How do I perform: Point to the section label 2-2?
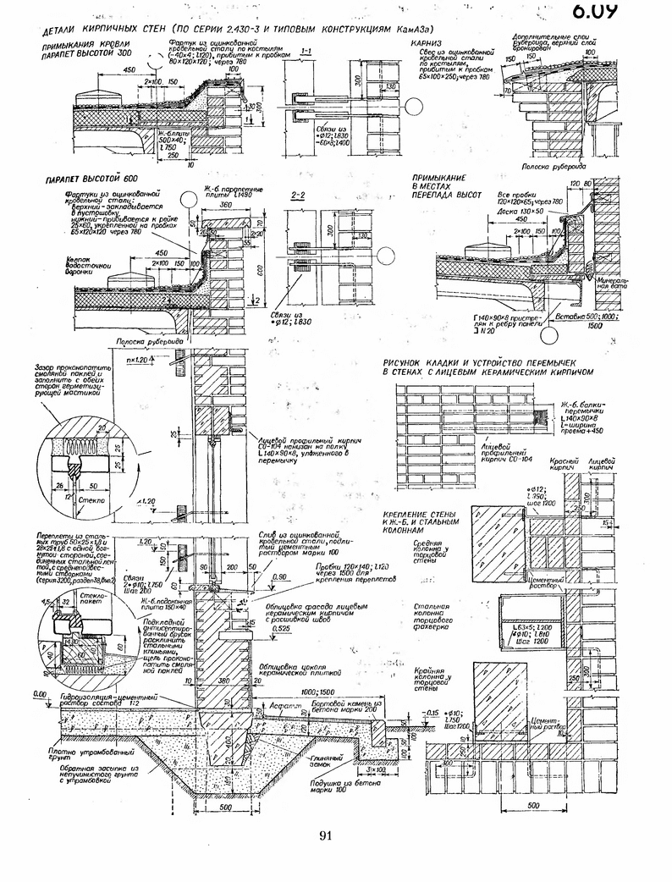point(298,196)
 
